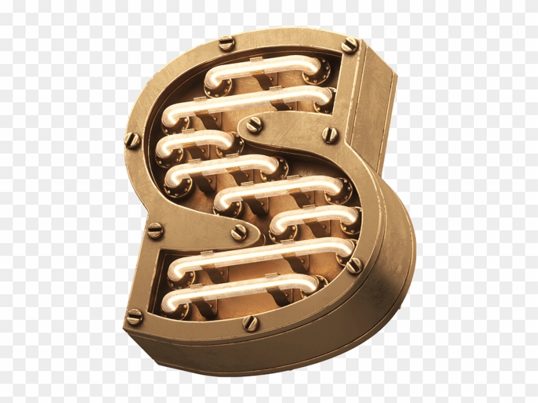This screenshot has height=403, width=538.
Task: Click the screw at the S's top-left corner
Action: pos(227,43)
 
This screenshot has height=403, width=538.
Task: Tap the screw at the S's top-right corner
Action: pos(350,45)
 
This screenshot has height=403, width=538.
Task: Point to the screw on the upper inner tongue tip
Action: pos(254,124)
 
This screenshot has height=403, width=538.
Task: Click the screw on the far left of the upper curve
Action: pos(133,140)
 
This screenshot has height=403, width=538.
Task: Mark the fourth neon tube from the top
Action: pos(221,164)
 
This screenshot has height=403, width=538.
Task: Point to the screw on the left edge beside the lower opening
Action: pos(155,231)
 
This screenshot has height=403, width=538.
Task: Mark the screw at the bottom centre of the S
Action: pos(250,323)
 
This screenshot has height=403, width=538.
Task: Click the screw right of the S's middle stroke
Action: pos(330,134)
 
